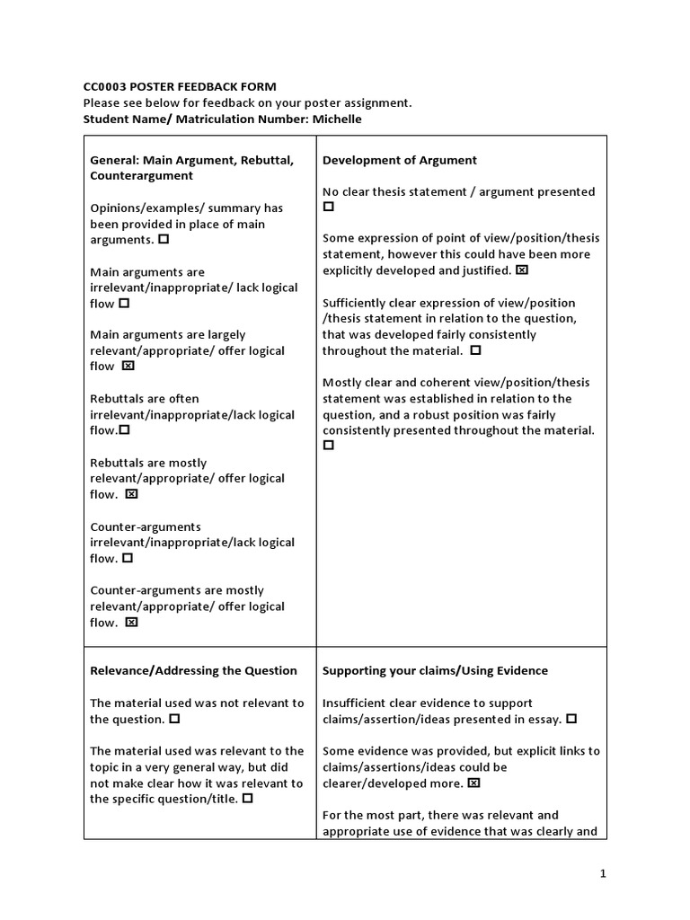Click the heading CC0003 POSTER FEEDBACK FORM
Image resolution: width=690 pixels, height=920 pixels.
[x=180, y=86]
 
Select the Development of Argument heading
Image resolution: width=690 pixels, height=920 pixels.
[x=400, y=160]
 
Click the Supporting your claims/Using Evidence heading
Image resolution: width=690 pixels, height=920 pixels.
[x=435, y=670]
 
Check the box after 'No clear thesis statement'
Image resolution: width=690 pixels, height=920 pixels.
[x=329, y=207]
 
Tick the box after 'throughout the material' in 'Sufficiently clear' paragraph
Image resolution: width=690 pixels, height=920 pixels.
[x=475, y=350]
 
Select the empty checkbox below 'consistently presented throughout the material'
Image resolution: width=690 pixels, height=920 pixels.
[x=329, y=446]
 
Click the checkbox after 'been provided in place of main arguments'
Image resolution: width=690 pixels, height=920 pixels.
[x=164, y=240]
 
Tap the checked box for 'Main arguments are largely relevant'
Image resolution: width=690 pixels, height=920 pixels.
[x=128, y=367]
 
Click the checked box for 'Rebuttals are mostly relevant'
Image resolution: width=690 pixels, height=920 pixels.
[x=131, y=494]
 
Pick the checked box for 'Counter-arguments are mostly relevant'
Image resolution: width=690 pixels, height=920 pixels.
[x=131, y=622]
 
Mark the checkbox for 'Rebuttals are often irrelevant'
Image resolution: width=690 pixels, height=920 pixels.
[x=125, y=430]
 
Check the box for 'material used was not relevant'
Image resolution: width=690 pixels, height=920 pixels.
[x=174, y=719]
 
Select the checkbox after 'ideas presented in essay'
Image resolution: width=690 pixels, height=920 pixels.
[x=572, y=719]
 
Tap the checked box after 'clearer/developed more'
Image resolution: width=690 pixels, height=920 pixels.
[x=474, y=783]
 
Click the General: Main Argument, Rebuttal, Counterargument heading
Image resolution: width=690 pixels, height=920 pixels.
[x=191, y=167]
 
